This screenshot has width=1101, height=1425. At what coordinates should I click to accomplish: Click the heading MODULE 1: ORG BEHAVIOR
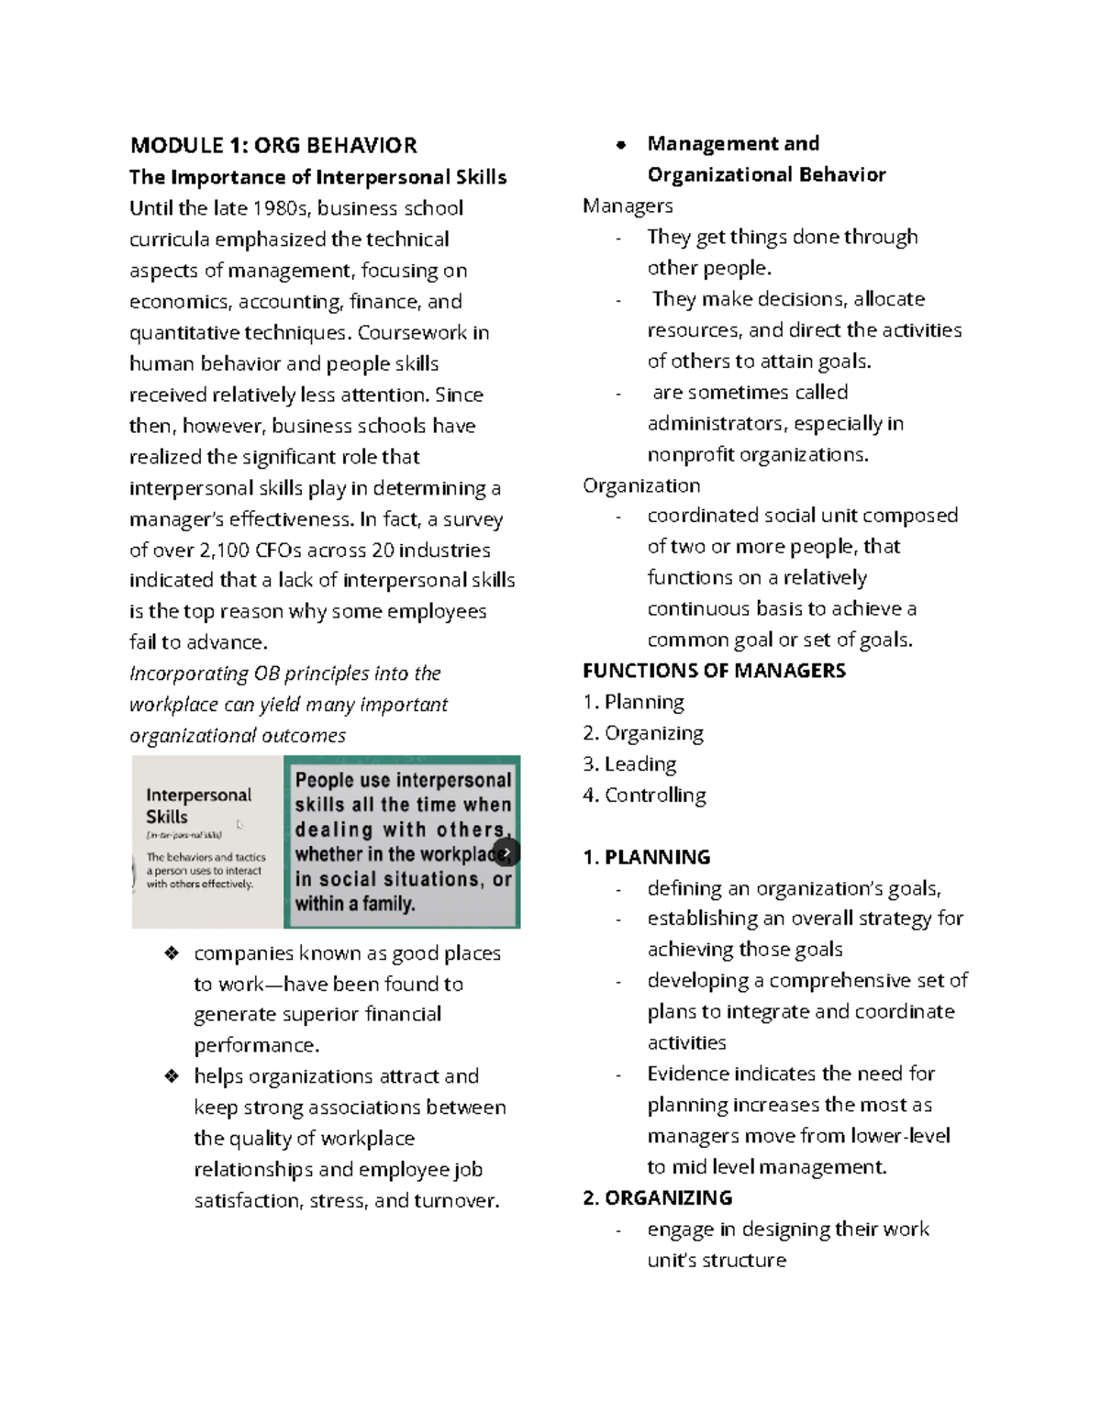pos(273,145)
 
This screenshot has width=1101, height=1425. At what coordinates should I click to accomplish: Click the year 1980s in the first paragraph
pos(282,208)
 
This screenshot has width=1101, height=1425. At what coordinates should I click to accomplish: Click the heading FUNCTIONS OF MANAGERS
pos(714,671)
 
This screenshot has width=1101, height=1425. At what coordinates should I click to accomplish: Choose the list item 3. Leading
pos(629,764)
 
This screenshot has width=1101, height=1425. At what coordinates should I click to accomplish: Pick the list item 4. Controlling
pos(644,796)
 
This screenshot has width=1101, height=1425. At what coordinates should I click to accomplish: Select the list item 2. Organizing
pos(643,733)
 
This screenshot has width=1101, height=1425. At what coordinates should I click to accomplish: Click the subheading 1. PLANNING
pos(646,857)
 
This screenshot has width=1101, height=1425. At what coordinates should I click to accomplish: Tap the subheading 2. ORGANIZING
pos(657,1197)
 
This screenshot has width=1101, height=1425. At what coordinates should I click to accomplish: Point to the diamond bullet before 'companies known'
pos(171,953)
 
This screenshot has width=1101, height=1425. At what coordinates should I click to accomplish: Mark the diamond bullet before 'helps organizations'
pos(171,1076)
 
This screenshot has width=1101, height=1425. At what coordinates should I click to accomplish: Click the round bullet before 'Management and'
pos(621,144)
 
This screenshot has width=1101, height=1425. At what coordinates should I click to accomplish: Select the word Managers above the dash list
pos(628,206)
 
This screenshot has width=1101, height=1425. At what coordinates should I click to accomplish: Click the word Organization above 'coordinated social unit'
pos(641,485)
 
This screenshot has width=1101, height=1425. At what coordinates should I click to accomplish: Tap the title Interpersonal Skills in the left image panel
pos(198,806)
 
